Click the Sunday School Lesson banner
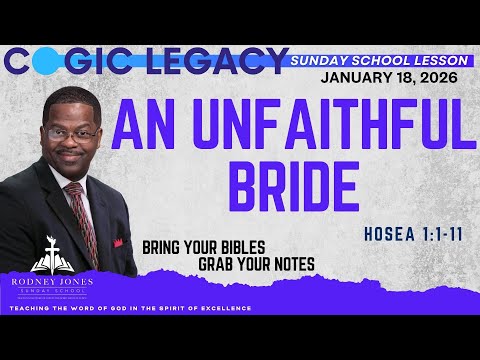[x=375, y=61]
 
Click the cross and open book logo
[x=50, y=258]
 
